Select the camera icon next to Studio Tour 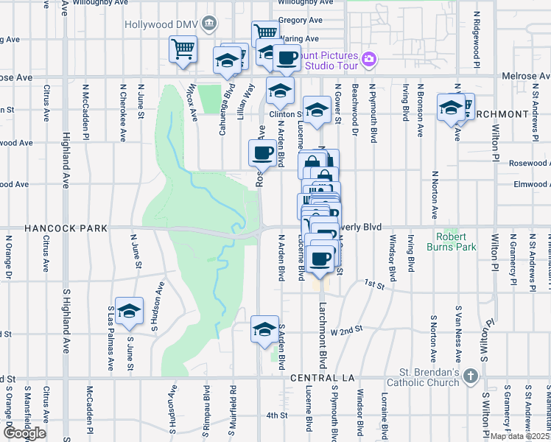[x=369, y=58]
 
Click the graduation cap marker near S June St [x=130, y=312]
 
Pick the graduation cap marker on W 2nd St [x=264, y=329]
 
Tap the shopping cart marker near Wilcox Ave [x=183, y=49]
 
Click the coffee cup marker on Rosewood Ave [x=263, y=153]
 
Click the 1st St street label [x=376, y=283]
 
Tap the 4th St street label [x=276, y=415]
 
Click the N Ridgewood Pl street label [x=477, y=37]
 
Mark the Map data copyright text [x=519, y=435]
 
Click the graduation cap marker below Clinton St [x=317, y=111]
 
